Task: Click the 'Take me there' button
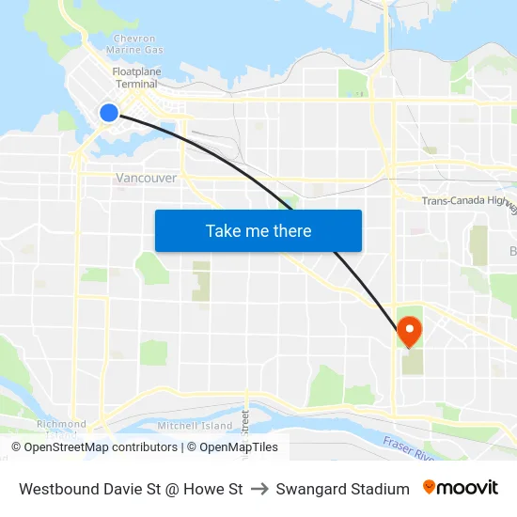coord(258,230)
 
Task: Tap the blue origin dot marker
coord(109,113)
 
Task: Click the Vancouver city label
coord(146,178)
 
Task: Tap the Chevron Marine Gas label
coord(134,44)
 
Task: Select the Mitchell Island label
coord(195,426)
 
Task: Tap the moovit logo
coord(460,488)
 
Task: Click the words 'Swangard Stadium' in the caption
coord(342,489)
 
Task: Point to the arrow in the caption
coord(259,489)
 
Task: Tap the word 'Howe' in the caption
coord(207,489)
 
